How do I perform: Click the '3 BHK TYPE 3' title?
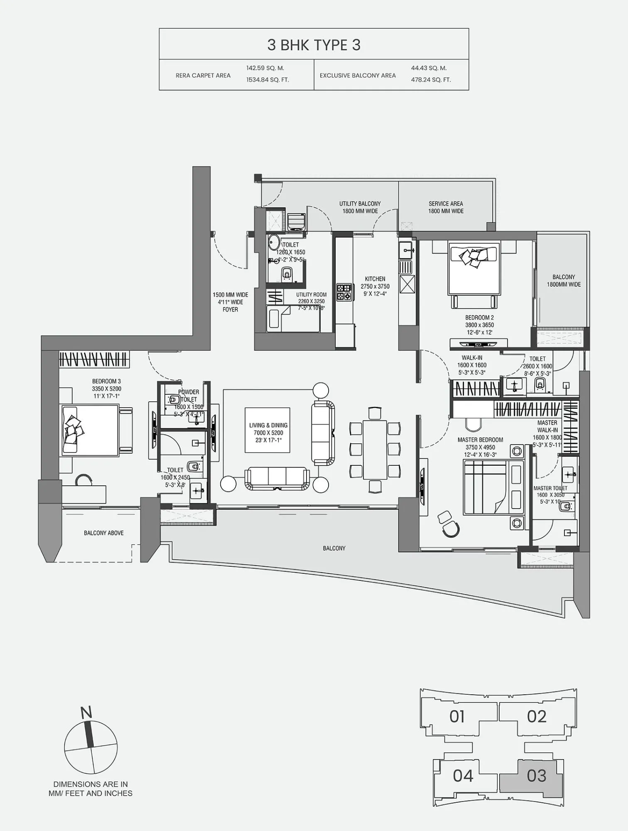[314, 45]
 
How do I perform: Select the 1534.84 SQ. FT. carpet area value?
[267, 80]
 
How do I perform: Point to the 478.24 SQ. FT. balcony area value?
[431, 80]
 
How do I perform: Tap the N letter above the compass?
[86, 713]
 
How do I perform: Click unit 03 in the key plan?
[536, 775]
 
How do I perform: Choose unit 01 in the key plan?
[457, 716]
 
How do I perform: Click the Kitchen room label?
[375, 279]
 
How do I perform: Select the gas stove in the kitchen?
[344, 292]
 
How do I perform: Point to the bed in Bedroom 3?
[91, 430]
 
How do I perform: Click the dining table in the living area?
[375, 449]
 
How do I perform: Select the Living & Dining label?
[268, 425]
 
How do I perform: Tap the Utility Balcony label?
[360, 204]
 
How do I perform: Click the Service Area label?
[446, 204]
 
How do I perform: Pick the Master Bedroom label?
[480, 440]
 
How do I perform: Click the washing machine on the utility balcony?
[296, 221]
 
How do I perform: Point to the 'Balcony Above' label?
[103, 533]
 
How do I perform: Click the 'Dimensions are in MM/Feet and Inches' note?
[90, 789]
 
